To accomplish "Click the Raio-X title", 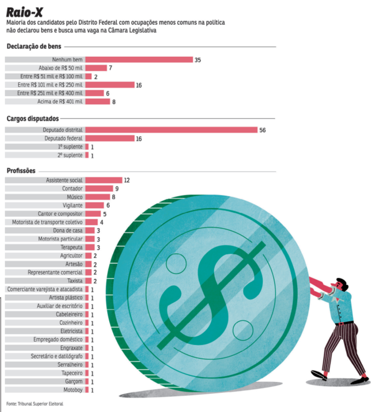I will tap(25, 12).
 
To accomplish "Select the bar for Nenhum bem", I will tap(139, 59).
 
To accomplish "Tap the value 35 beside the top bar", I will tap(198, 60).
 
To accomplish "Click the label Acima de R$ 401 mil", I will tap(60, 102).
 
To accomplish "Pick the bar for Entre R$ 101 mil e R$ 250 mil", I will tap(110, 85).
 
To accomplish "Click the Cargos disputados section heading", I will tap(33, 119).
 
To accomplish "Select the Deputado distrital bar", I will tap(171, 130).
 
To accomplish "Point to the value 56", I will tap(262, 130).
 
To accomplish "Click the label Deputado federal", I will tap(63, 138).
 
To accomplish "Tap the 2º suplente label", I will tap(70, 155).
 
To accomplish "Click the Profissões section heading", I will tap(21, 171).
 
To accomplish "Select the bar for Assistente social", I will tap(104, 180).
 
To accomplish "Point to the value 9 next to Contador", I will tap(117, 189).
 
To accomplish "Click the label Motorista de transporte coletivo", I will tap(47, 222).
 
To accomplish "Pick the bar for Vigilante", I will tap(95, 205).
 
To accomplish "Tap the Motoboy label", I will tap(73, 390).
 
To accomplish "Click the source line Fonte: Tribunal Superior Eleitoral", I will tap(35, 404).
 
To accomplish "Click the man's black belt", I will tap(344, 323).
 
